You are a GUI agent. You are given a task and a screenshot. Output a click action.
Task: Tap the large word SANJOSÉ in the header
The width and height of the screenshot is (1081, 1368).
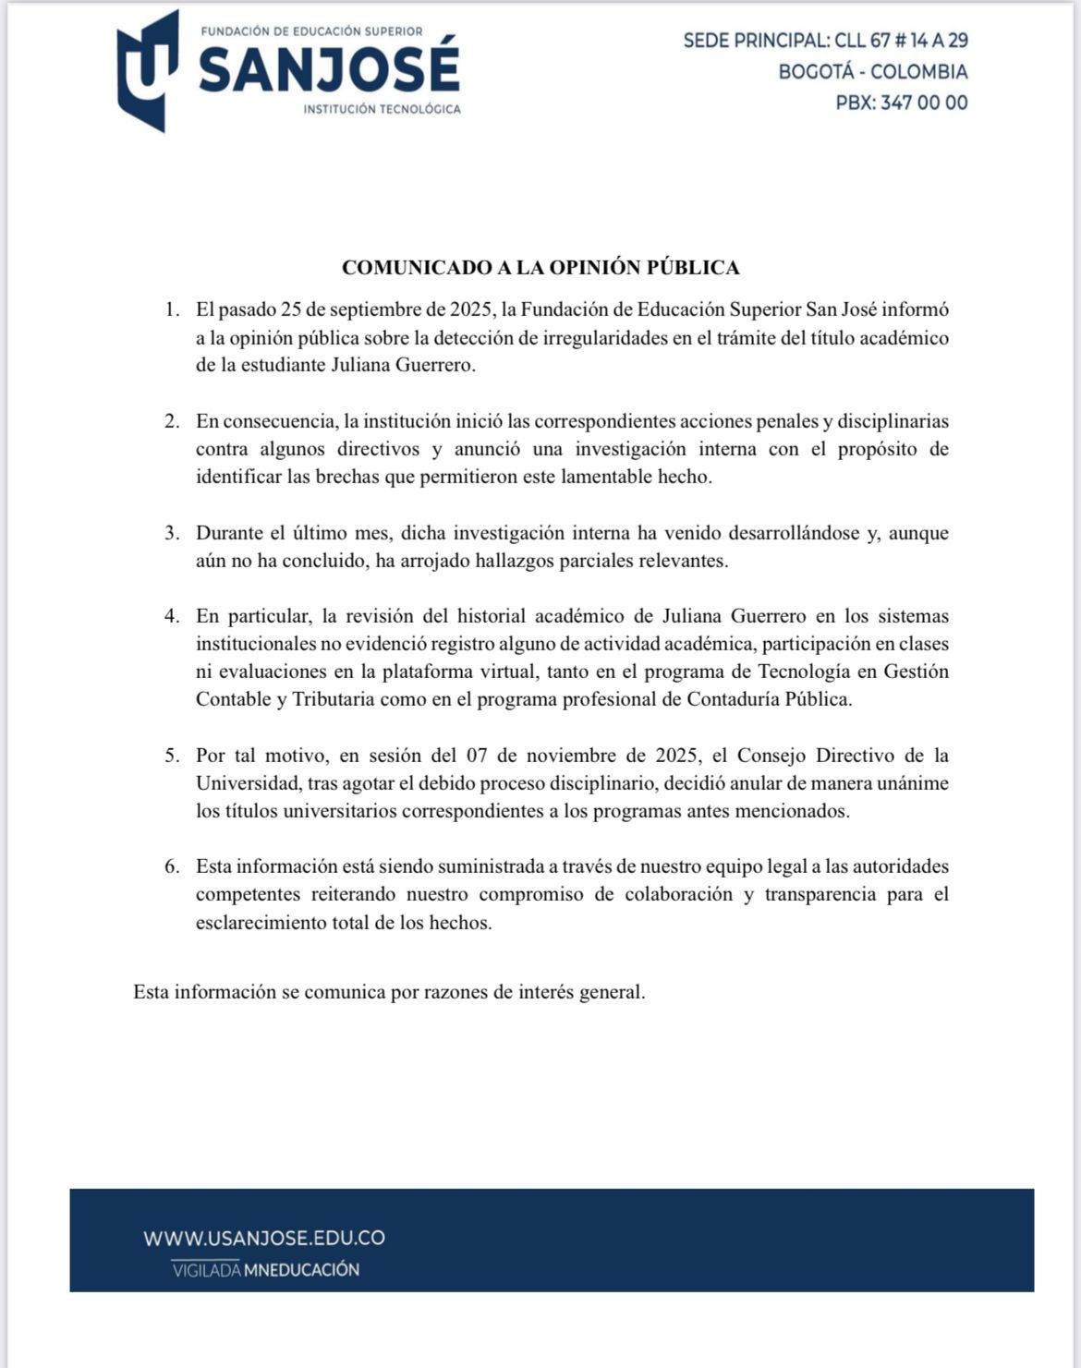pyautogui.click(x=329, y=69)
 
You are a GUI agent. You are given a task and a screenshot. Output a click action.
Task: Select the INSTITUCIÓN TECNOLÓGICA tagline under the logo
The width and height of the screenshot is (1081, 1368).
pyautogui.click(x=382, y=109)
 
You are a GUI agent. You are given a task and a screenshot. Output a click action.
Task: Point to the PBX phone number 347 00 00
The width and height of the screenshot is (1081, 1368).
pyautogui.click(x=924, y=103)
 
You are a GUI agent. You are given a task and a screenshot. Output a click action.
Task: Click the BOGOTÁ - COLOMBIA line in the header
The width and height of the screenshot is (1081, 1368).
pyautogui.click(x=873, y=71)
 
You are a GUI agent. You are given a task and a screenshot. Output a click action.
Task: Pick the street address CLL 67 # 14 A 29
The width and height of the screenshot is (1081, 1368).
pyautogui.click(x=901, y=40)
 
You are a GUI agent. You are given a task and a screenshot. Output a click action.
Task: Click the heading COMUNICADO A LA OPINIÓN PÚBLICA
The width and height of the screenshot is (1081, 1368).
pyautogui.click(x=540, y=267)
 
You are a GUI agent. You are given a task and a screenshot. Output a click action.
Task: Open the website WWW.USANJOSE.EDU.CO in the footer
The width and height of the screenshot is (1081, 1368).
pyautogui.click(x=264, y=1238)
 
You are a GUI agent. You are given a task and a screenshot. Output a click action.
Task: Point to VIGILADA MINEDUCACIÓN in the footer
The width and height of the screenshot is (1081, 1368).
pyautogui.click(x=266, y=1269)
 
